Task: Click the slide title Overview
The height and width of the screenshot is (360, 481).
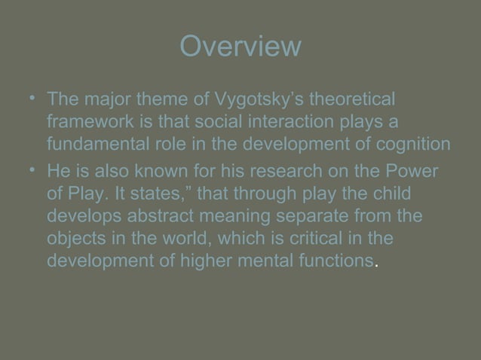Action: tap(240, 47)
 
